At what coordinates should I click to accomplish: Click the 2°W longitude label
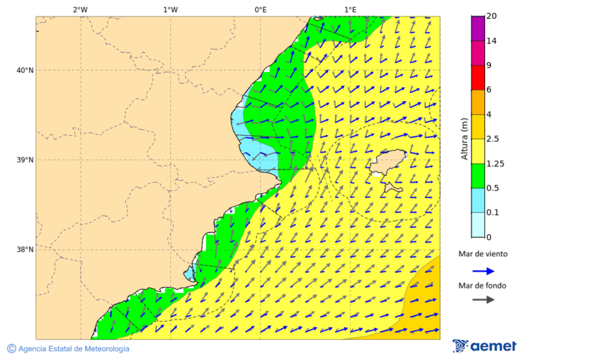coord(80,9)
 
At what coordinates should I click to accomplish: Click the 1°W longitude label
coord(170,9)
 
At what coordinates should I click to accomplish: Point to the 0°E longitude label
coord(260,9)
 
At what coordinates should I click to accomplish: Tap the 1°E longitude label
coord(350,9)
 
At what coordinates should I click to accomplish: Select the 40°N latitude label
coord(25,70)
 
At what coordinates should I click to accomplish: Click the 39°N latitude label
coord(25,160)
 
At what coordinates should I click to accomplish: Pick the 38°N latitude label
coord(25,250)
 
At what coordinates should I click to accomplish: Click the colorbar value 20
coord(492,16)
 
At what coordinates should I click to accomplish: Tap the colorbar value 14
coord(492,41)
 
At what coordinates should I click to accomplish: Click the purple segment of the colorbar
coord(478,28)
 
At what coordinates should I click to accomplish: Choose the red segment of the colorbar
coord(478,78)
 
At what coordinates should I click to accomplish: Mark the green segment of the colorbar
coord(478,176)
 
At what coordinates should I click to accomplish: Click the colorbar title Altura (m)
coord(464,138)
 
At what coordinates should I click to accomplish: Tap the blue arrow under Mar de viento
coord(483,271)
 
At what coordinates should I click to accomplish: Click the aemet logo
coord(484,346)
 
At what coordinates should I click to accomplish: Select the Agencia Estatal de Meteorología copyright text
coord(68,349)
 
